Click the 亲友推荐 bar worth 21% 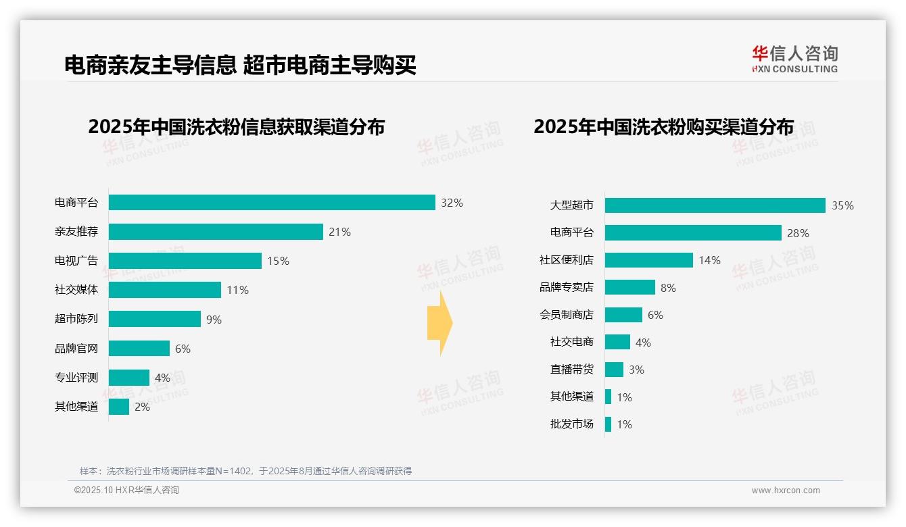pos(216,232)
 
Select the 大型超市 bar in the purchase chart pos(715,205)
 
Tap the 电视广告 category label pos(76,261)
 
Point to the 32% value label pos(452,203)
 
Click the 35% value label pos(842,205)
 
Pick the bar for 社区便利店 pos(648,260)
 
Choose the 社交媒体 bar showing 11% pos(164,290)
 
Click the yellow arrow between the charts pos(439,323)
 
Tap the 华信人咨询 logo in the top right pos(794,59)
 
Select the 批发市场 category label pos(572,424)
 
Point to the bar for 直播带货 pos(614,370)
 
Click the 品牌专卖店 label pos(567,287)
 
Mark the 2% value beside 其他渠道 pos(142,407)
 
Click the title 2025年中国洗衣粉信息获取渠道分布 pos(236,126)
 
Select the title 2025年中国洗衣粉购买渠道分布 pos(663,126)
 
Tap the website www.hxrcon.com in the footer pos(786,491)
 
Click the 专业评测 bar pos(128,378)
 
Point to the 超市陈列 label pos(76,319)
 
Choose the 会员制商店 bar pos(623,315)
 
